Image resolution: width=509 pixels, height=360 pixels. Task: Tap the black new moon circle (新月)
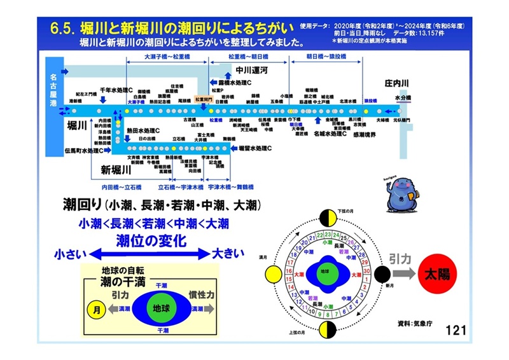coord(382,275)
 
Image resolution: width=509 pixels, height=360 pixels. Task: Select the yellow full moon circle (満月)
coord(272,275)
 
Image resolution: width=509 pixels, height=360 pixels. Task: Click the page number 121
coord(456,330)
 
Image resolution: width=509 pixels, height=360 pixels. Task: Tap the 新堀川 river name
coord(115,170)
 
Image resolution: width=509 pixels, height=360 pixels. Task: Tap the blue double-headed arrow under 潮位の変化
coord(150,254)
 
